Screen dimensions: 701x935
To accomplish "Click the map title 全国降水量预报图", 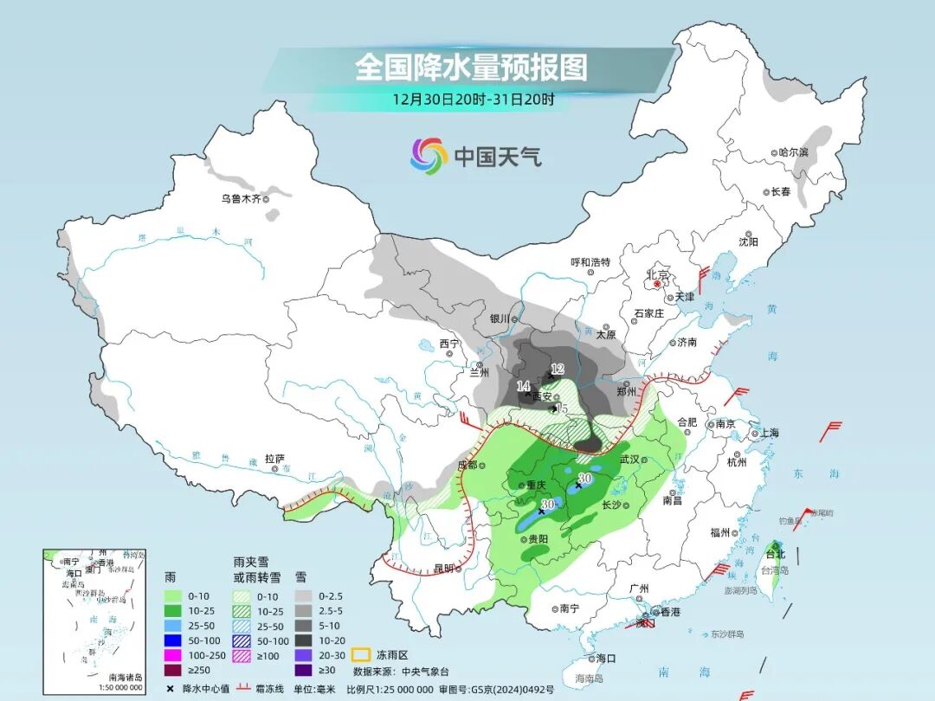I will coord(471,67).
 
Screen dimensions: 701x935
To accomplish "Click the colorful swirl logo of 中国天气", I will coord(429,156).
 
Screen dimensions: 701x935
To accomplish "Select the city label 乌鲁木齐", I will coord(240,198).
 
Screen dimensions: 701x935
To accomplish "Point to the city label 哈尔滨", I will coord(792,152).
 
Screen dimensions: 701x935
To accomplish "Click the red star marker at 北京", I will coord(658,283).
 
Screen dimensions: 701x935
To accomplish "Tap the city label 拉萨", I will coord(274,459).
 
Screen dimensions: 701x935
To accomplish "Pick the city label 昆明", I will coord(443,569).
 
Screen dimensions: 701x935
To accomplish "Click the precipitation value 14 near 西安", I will coord(523,386).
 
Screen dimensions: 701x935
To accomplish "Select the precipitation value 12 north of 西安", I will coord(558,369).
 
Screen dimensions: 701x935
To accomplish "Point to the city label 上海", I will coord(769,433).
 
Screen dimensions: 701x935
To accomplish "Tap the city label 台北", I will coord(775,554).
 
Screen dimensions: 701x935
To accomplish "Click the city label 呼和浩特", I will coord(590,262).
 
